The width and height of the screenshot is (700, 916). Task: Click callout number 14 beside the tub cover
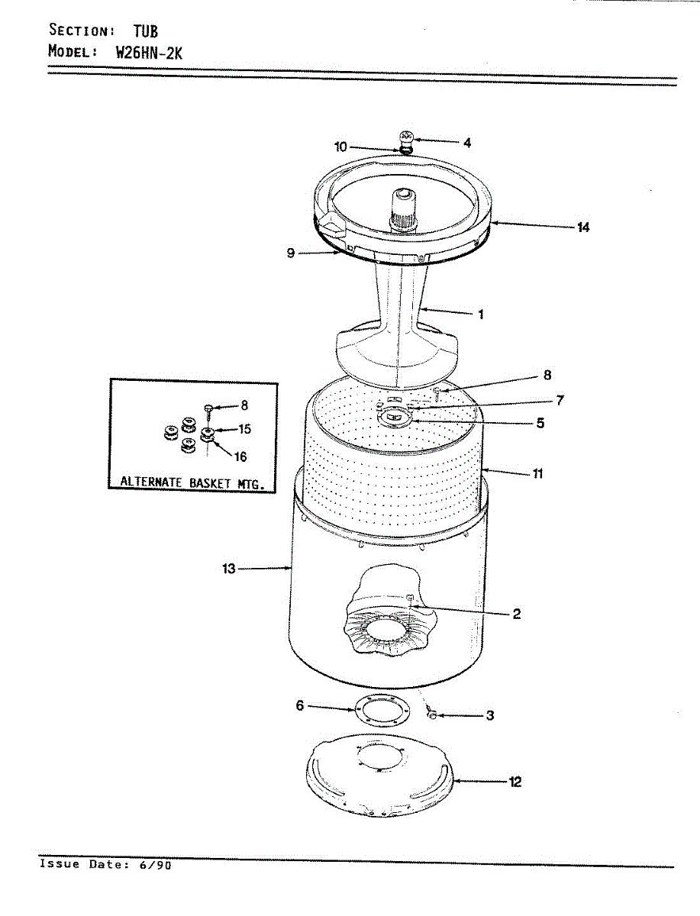[x=583, y=227]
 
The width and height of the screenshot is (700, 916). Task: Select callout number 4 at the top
[x=466, y=142]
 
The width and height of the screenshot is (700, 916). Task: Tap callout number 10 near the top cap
[x=340, y=147]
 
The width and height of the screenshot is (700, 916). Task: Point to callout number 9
[x=291, y=253]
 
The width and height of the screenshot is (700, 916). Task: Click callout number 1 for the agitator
[x=480, y=314]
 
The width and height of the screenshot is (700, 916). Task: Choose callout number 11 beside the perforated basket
[x=537, y=473]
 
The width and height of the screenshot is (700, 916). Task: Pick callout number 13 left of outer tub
[x=229, y=569]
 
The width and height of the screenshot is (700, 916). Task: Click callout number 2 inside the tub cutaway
[x=517, y=614]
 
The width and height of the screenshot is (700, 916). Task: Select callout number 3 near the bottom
[x=490, y=715]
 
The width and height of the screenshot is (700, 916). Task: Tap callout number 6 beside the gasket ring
[x=300, y=706]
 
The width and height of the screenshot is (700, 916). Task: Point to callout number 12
[x=515, y=782]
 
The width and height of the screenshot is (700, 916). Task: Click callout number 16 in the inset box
[x=240, y=457]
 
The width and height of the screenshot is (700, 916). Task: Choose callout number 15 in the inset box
[x=244, y=429]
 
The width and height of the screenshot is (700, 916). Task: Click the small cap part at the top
[x=407, y=139]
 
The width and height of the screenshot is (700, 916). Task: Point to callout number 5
[x=540, y=422]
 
